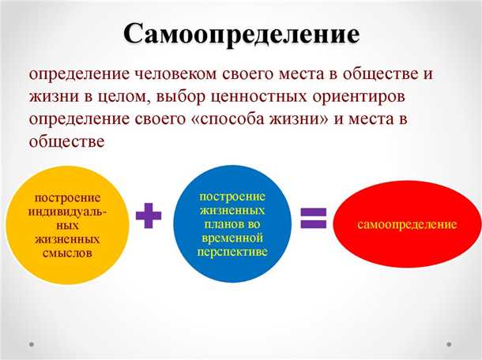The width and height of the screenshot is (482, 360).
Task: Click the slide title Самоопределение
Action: click(x=241, y=34)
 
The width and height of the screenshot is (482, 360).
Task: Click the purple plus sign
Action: click(x=147, y=216)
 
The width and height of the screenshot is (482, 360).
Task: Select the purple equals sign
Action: click(x=313, y=215)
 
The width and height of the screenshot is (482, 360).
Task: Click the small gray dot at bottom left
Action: click(x=32, y=343)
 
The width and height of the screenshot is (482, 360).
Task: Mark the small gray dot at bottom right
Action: click(x=450, y=343)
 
